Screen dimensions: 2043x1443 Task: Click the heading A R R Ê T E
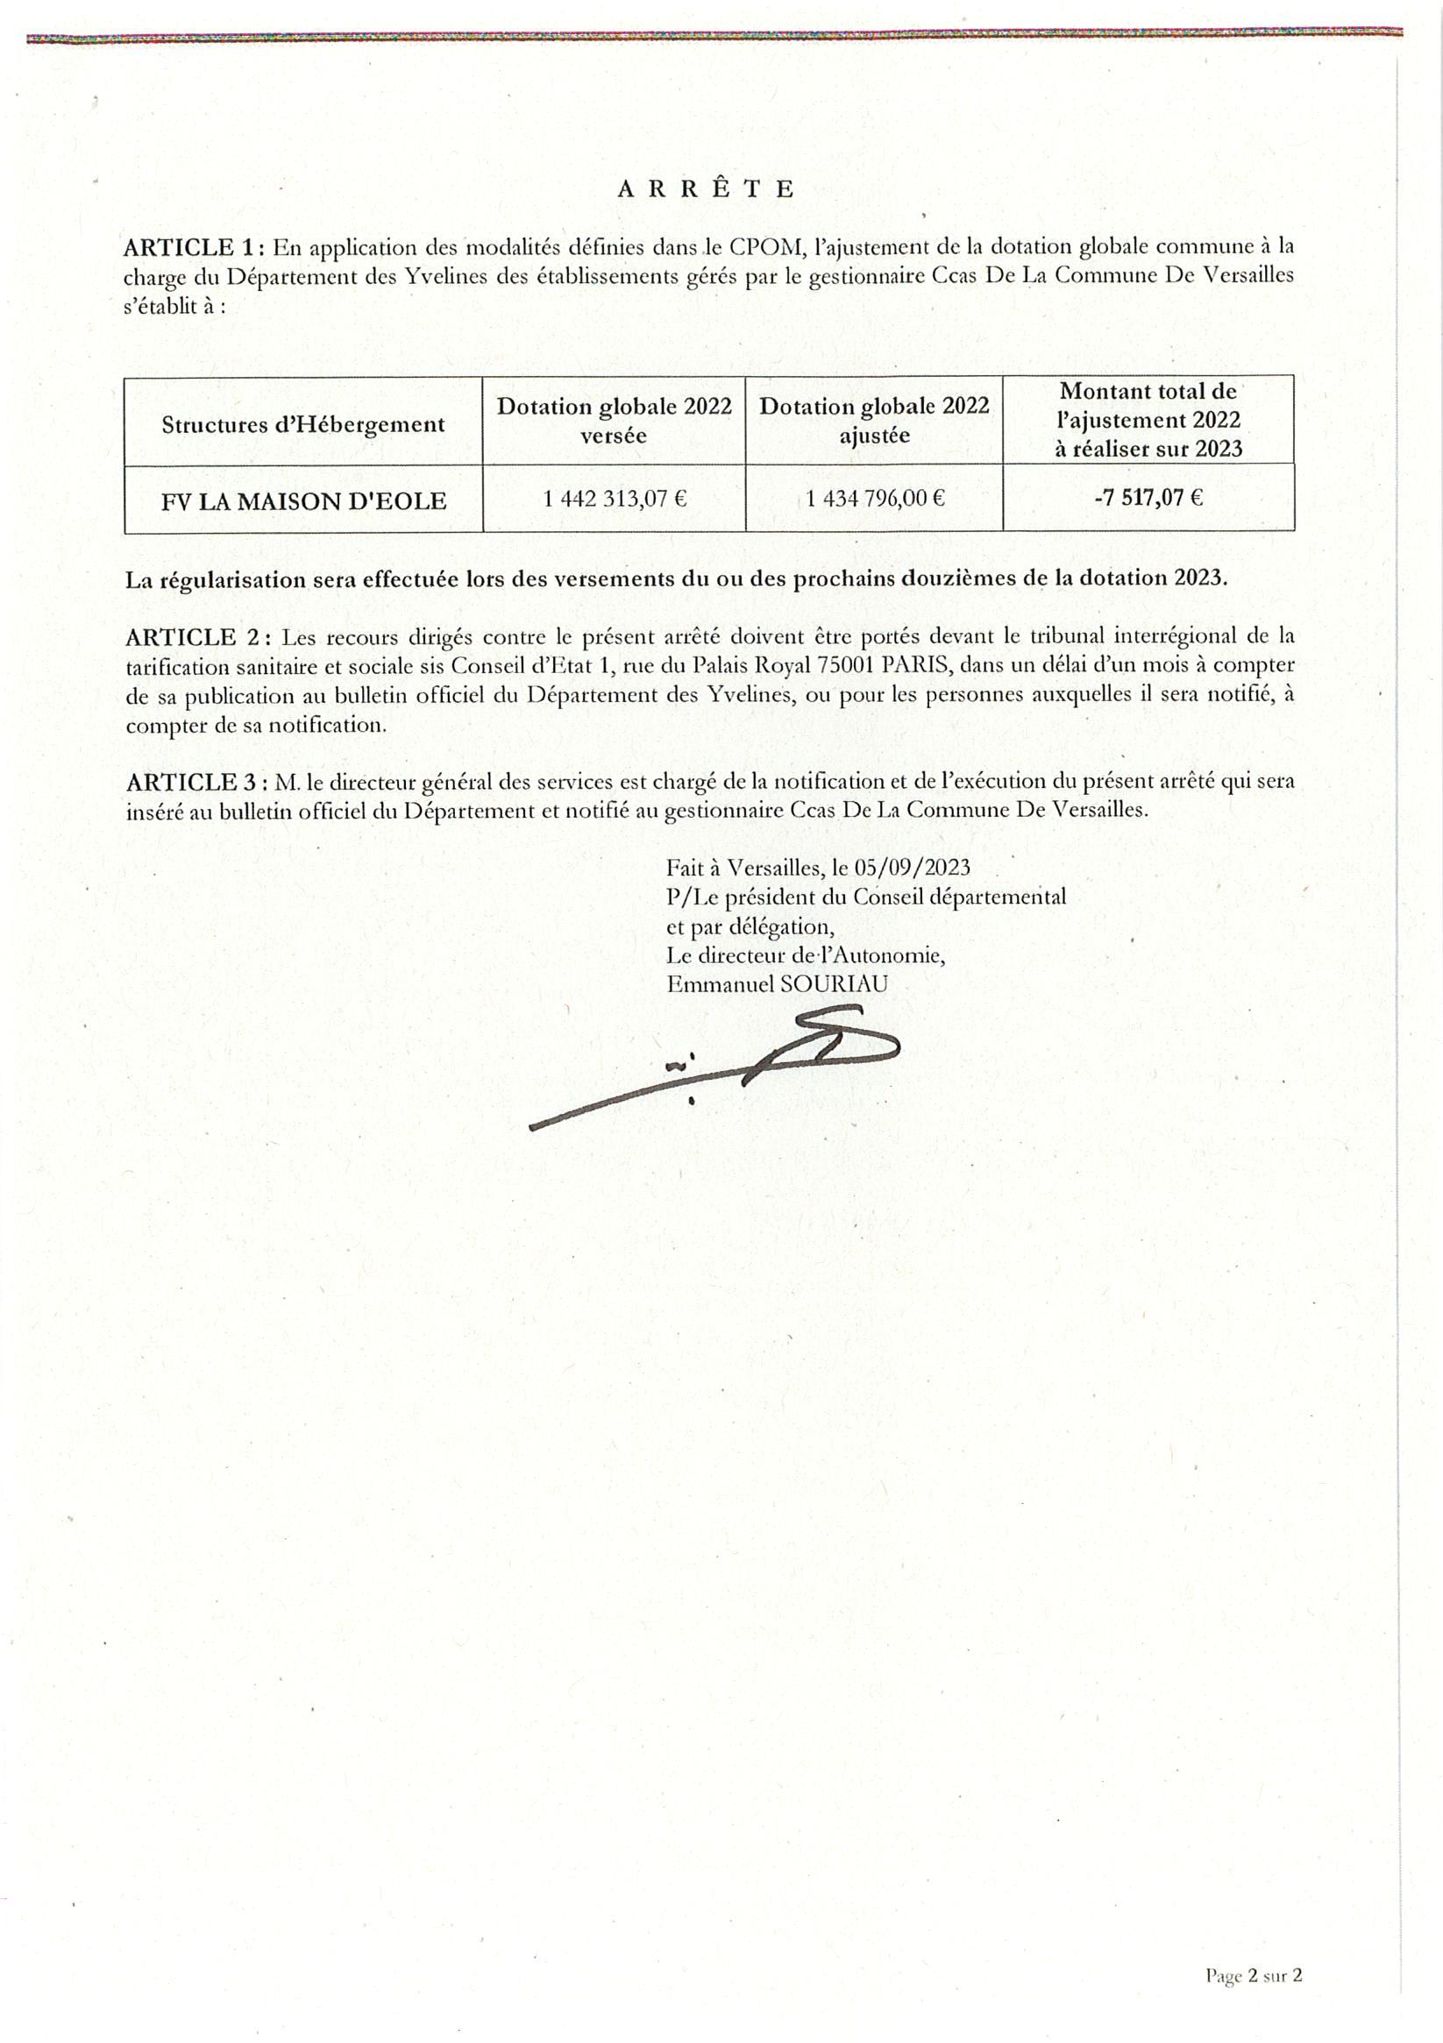click(x=705, y=188)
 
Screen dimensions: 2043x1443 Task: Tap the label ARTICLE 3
click(x=193, y=782)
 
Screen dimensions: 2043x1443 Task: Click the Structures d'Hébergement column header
click(x=302, y=424)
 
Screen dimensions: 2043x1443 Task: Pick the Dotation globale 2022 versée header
click(x=614, y=421)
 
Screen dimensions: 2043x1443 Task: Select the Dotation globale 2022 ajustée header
click(x=874, y=421)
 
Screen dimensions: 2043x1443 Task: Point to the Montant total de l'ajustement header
click(x=1148, y=420)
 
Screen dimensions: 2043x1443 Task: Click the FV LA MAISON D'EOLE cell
click(x=303, y=501)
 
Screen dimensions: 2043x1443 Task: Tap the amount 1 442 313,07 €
click(x=615, y=499)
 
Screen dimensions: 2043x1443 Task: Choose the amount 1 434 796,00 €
click(x=875, y=499)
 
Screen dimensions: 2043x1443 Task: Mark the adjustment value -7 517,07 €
click(x=1148, y=498)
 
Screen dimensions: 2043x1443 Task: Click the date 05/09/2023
click(x=912, y=868)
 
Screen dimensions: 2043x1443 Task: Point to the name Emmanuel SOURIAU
click(x=777, y=984)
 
